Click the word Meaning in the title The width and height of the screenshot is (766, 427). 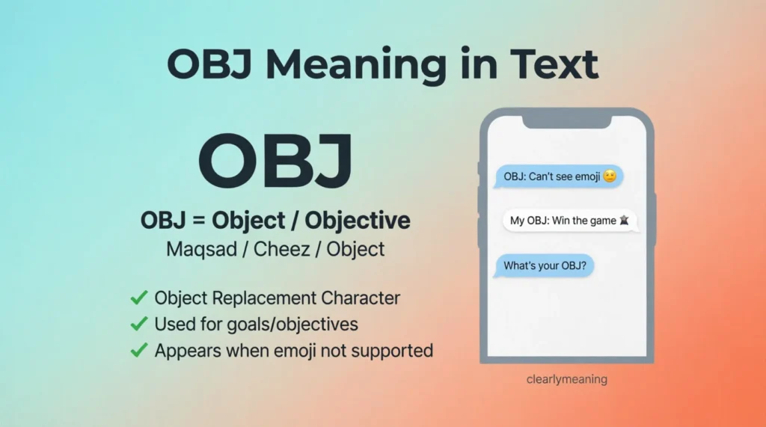tap(356, 65)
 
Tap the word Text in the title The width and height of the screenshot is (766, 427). tap(554, 64)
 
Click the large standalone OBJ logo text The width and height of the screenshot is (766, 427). tap(275, 161)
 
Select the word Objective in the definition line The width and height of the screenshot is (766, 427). tap(358, 221)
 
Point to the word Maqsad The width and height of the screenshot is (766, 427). tap(202, 249)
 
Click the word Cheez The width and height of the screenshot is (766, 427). tap(282, 249)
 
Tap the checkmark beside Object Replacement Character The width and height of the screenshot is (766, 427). tap(139, 298)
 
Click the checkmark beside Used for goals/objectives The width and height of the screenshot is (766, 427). tap(139, 324)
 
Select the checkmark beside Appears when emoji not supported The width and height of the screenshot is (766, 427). tap(139, 350)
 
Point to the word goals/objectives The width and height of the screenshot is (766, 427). tap(292, 325)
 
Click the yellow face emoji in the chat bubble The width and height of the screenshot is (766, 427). tap(610, 176)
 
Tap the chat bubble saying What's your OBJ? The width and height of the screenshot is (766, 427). tap(544, 265)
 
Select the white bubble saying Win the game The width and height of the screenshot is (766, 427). tap(570, 221)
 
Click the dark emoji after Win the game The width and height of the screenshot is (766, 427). tap(624, 221)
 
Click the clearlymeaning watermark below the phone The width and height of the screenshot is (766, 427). tap(567, 380)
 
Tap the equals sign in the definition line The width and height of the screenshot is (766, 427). tap(199, 221)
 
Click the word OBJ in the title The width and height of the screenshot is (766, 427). tap(209, 64)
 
